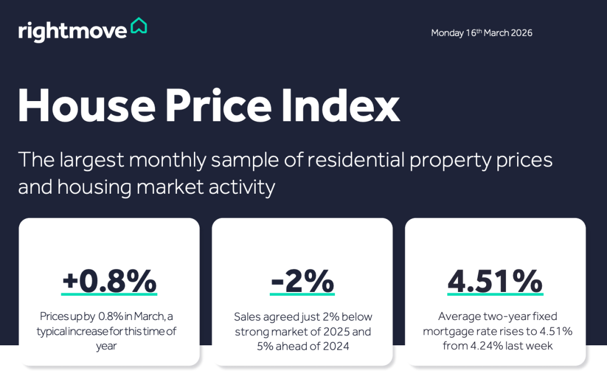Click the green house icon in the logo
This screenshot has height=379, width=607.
click(138, 26)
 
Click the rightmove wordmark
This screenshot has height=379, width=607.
click(73, 31)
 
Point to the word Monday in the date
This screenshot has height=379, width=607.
click(447, 33)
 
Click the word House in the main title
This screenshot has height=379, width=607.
click(86, 105)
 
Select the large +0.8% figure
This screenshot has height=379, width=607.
click(109, 281)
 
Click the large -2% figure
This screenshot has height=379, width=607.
click(302, 281)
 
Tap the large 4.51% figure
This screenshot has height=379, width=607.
click(495, 281)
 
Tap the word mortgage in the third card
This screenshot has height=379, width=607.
click(446, 331)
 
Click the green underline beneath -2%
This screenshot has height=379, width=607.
click(302, 294)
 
